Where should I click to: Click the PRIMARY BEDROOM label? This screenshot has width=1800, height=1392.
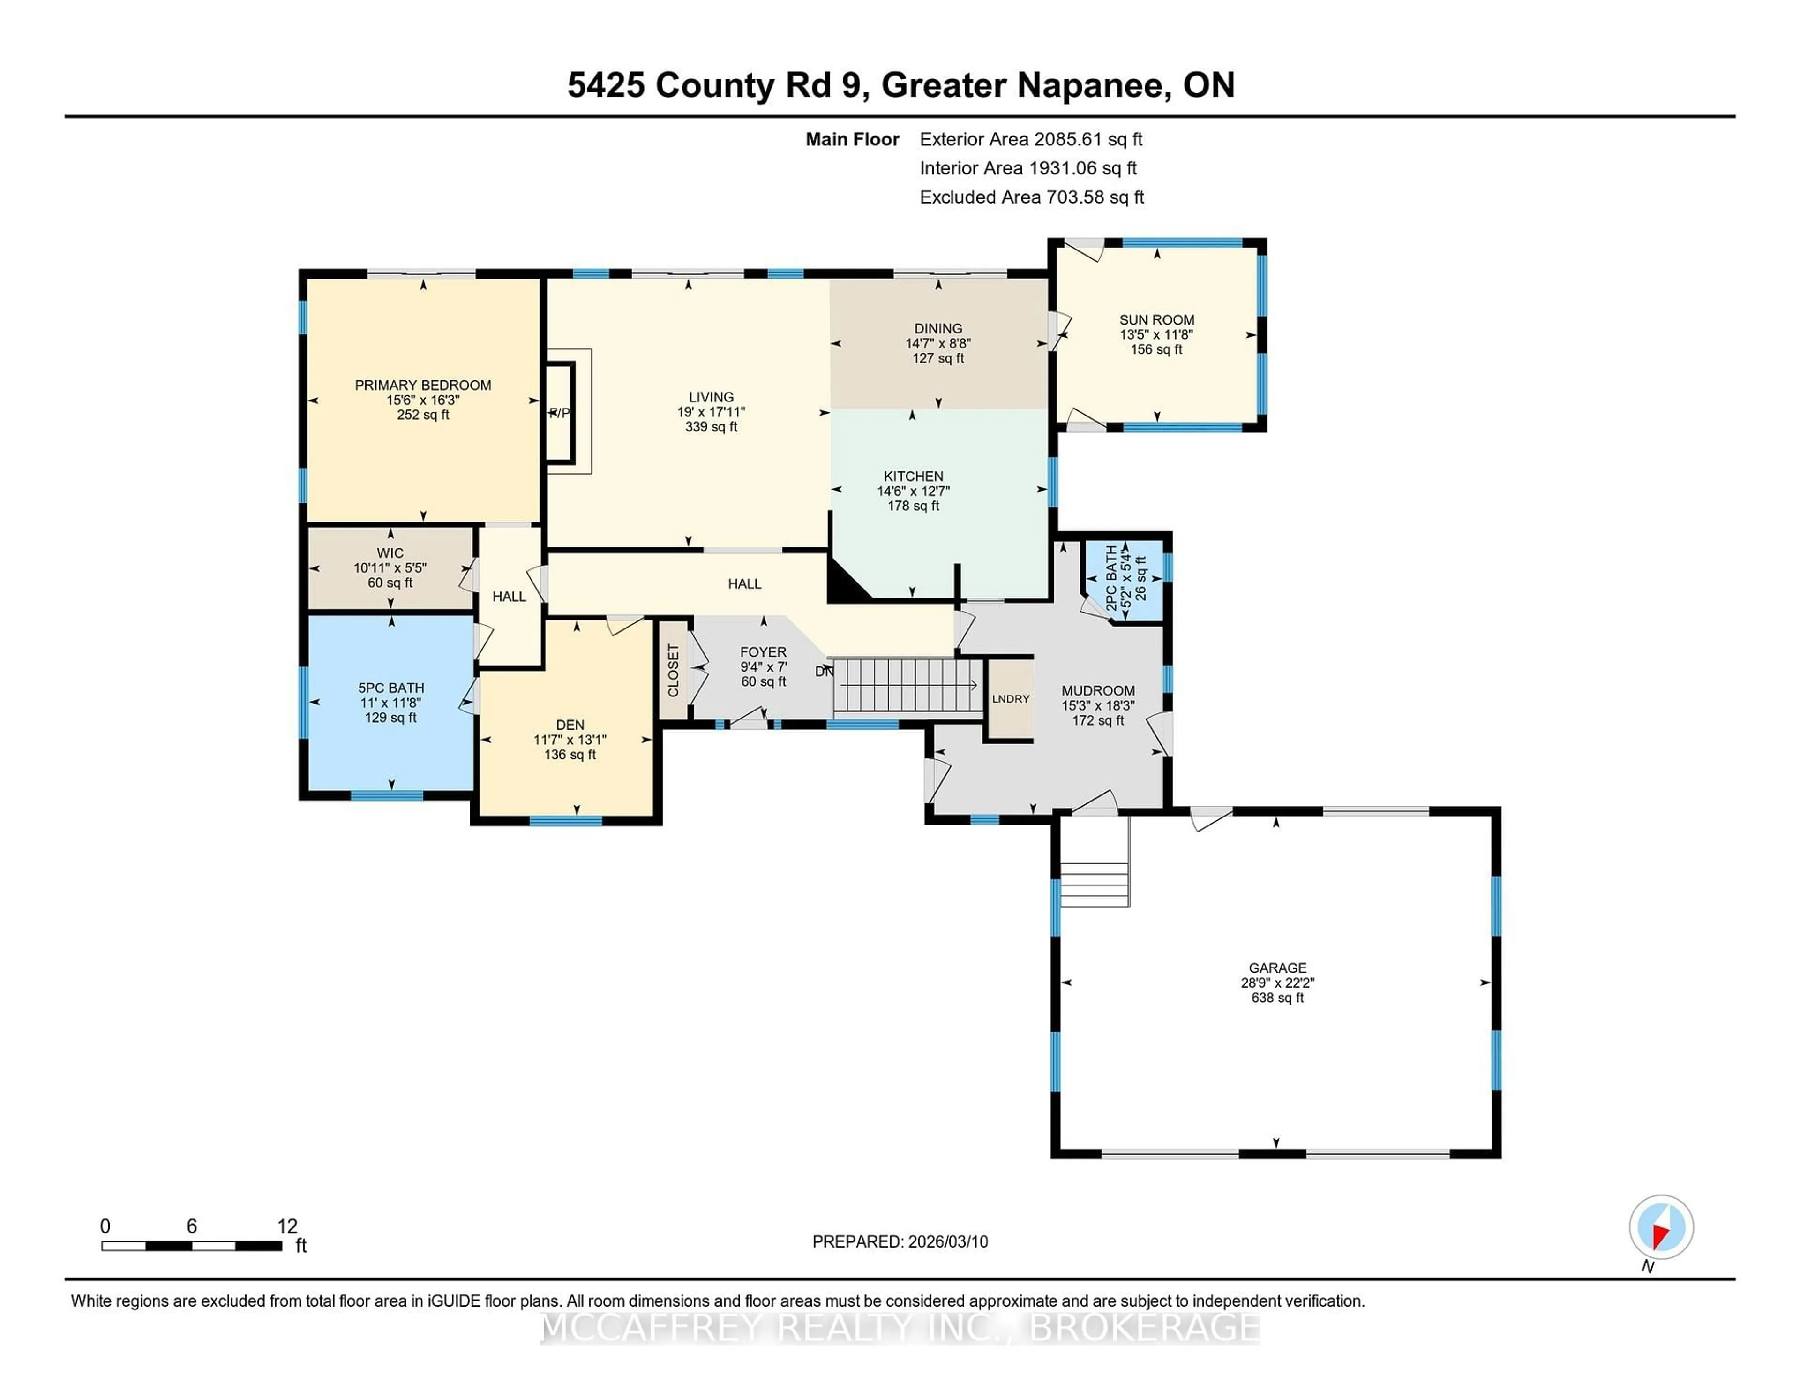(x=423, y=385)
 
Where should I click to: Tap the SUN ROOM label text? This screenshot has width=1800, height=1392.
(x=1156, y=320)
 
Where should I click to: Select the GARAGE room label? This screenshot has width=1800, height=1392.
(x=1277, y=968)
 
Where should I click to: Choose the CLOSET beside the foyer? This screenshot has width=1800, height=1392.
(x=673, y=670)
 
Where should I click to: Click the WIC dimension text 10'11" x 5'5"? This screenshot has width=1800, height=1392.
(x=390, y=568)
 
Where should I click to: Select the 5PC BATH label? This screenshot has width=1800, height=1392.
(x=390, y=688)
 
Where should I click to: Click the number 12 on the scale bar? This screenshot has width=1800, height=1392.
(x=287, y=1226)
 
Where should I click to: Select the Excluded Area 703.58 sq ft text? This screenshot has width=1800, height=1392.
(x=1031, y=197)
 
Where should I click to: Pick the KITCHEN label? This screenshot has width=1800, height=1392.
(x=913, y=477)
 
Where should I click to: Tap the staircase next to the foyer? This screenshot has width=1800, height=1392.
(x=905, y=686)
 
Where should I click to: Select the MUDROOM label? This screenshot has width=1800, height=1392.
(x=1098, y=691)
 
